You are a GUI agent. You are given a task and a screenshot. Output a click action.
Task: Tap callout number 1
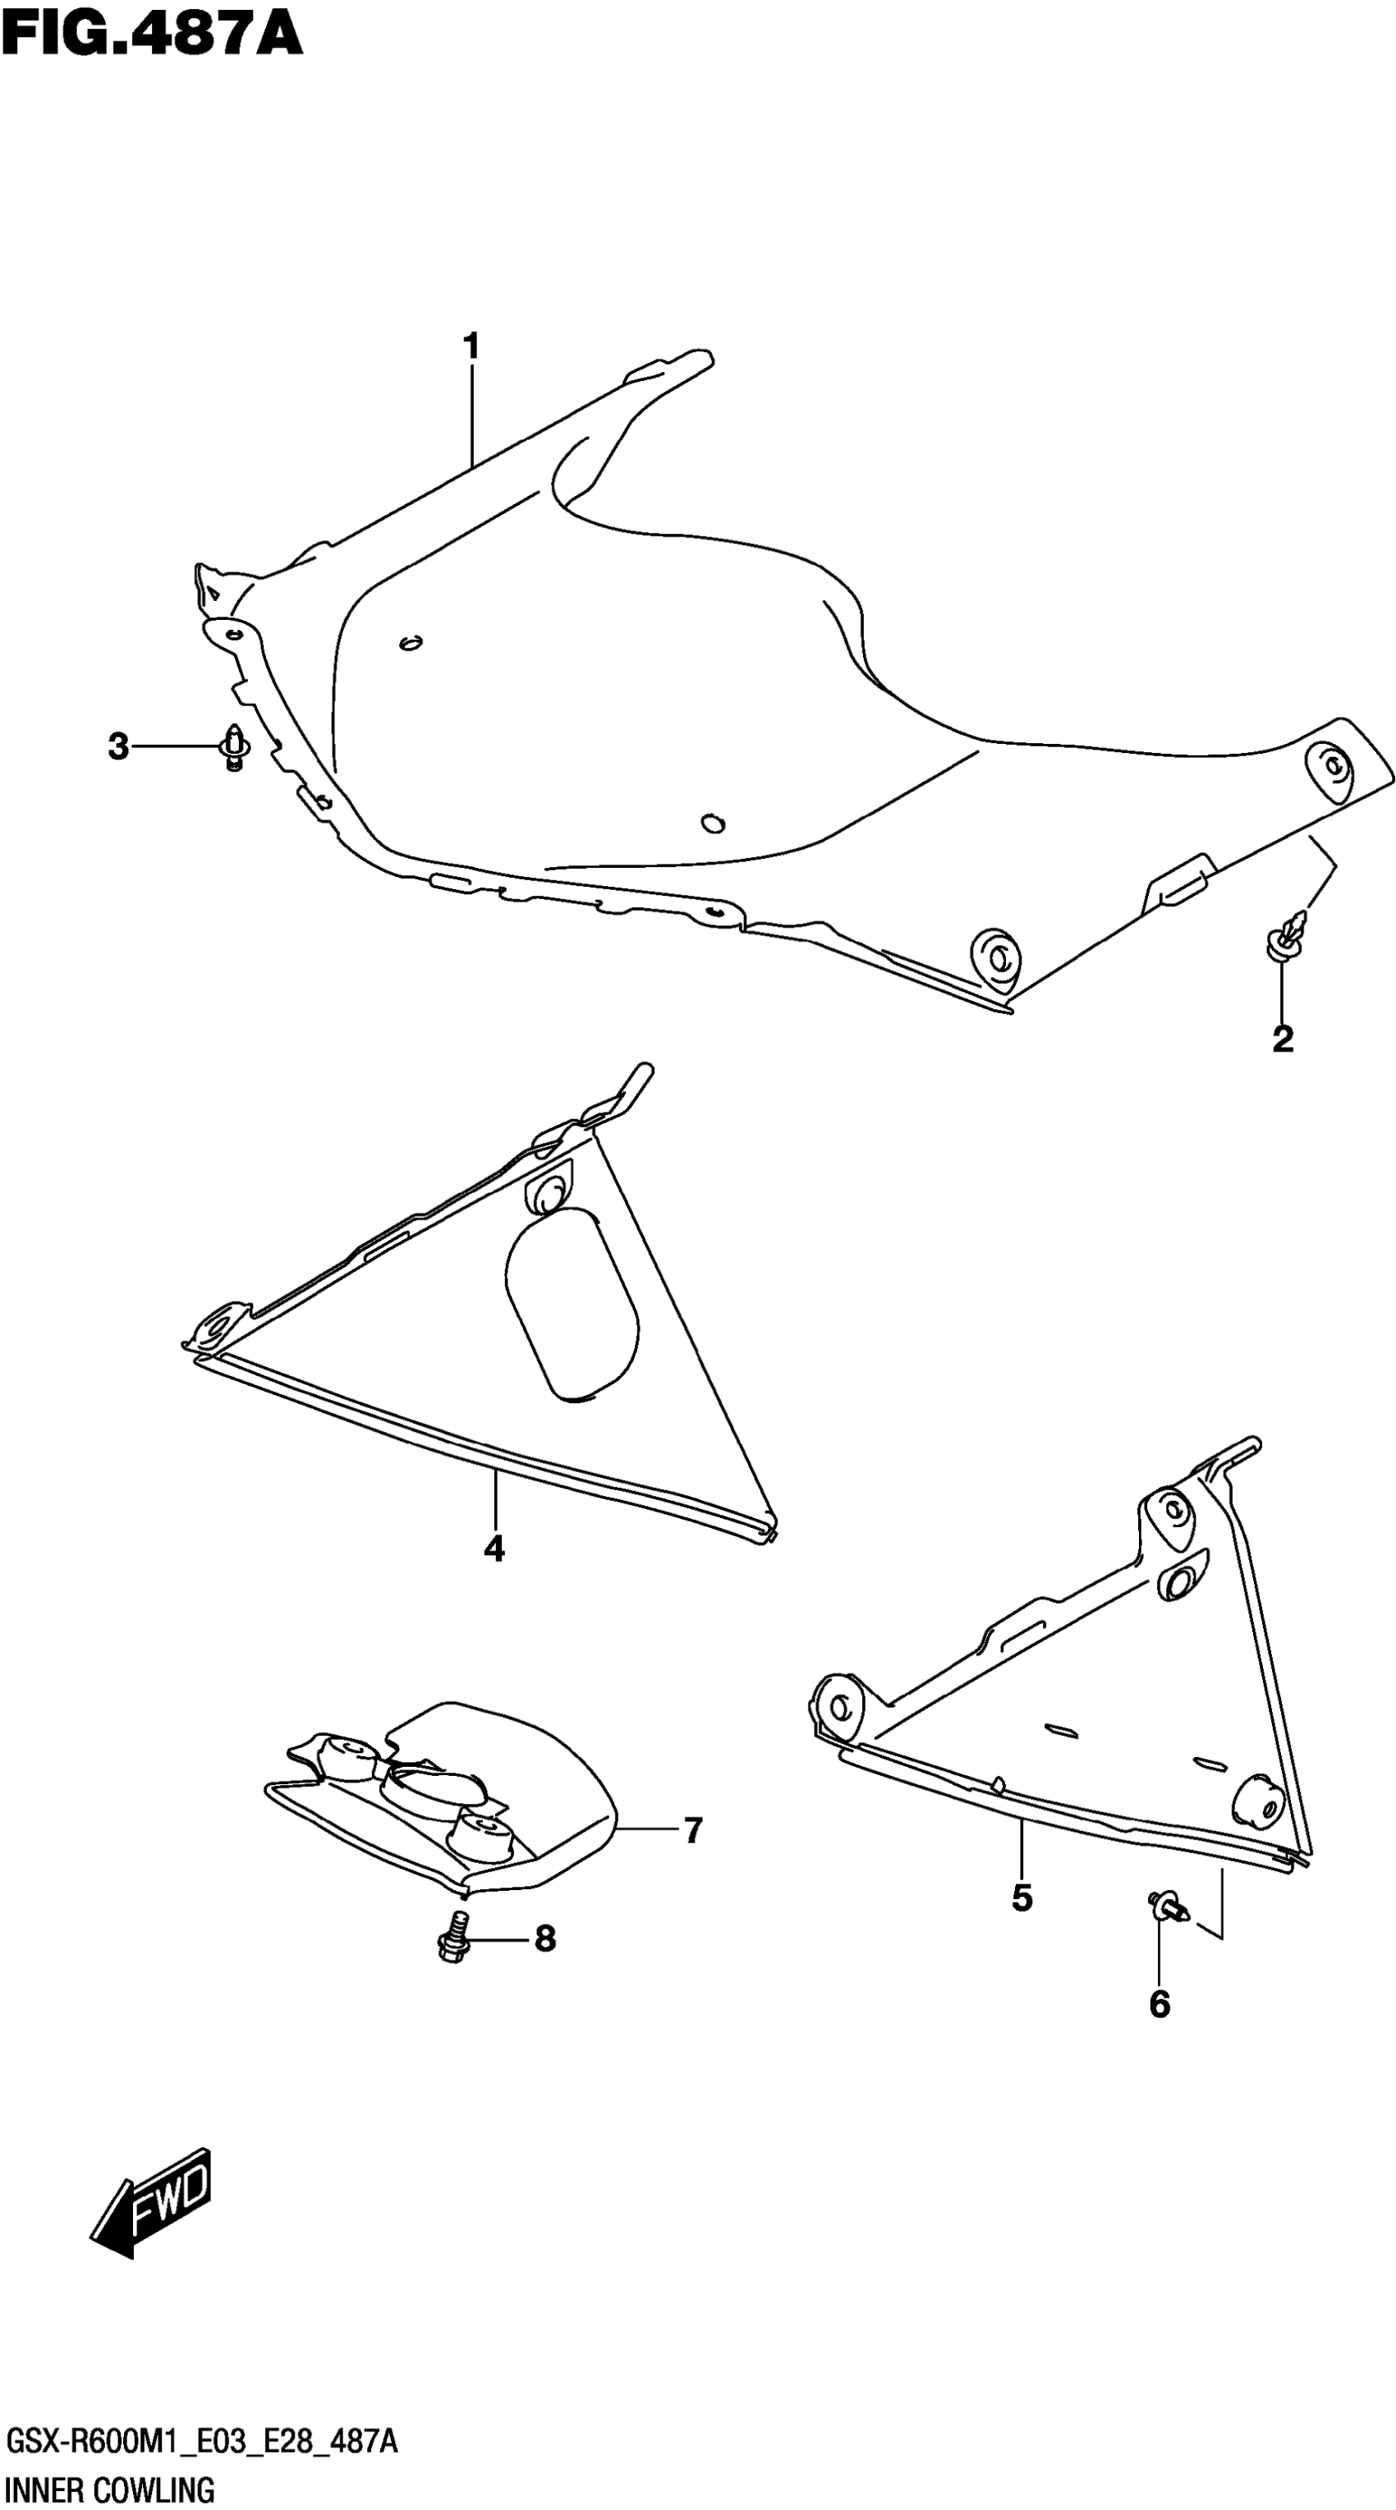click(x=471, y=346)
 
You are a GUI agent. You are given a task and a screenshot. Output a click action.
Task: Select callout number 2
click(x=1283, y=1039)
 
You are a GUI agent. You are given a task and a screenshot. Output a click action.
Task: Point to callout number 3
click(x=118, y=747)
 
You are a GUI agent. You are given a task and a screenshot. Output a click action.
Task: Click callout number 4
click(x=494, y=1549)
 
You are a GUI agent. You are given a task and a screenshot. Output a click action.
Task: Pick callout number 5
click(x=1022, y=1897)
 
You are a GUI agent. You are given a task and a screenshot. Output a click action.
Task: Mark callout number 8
click(x=544, y=1939)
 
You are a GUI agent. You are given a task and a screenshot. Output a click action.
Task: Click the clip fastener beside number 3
click(x=234, y=747)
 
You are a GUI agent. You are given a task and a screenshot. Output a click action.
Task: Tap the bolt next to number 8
click(x=453, y=1938)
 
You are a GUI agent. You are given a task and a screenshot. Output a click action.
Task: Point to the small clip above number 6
click(x=1167, y=1905)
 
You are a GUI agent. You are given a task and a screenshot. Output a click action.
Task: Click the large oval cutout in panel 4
click(x=572, y=1305)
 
